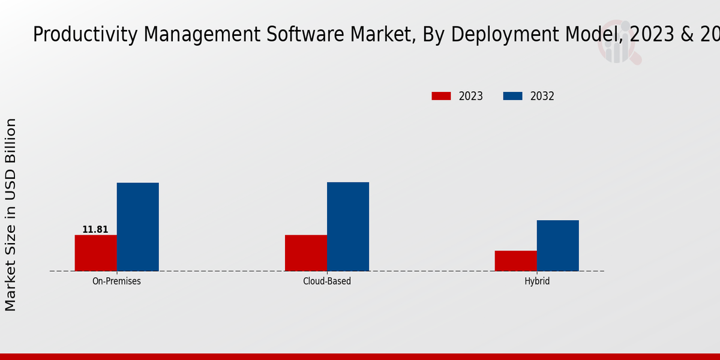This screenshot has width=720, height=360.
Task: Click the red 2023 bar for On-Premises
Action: pos(95,253)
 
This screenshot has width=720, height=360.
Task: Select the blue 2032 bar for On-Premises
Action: pos(137,227)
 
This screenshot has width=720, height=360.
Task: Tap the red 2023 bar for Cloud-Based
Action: pos(305,253)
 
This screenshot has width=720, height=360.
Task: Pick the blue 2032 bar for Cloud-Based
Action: pos(347,226)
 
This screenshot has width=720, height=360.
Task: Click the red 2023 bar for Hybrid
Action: pos(515,260)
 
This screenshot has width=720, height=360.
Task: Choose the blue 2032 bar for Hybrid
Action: pos(557,245)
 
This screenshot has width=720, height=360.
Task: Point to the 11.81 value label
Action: pos(95,230)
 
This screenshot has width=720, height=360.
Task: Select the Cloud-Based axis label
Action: pos(327,281)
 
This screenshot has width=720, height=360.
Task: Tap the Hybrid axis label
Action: pos(537,281)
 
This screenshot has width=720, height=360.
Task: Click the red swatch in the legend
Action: pos(441,96)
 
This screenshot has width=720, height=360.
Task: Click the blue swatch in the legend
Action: pos(512,96)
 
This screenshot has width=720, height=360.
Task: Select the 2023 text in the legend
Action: pos(471,96)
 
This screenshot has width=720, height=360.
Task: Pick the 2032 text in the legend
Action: pos(542,96)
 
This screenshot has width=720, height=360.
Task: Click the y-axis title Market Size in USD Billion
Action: pos(11,215)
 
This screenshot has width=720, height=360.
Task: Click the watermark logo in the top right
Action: pos(618,42)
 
